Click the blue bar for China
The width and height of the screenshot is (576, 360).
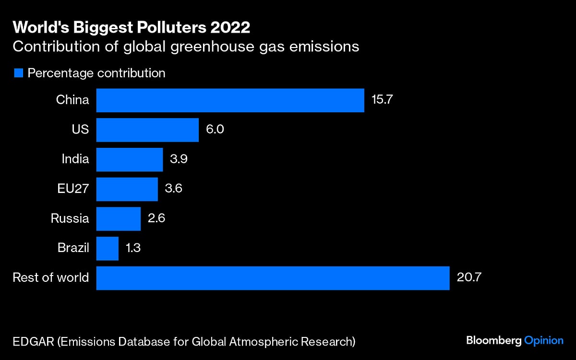pyautogui.click(x=230, y=100)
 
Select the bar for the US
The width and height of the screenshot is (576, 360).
pyautogui.click(x=147, y=130)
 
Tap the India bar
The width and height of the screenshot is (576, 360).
pyautogui.click(x=130, y=159)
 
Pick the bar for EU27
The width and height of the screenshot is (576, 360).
pyautogui.click(x=127, y=189)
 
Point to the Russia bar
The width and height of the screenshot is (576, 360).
pyautogui.click(x=118, y=219)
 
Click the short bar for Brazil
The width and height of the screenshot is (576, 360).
pyautogui.click(x=107, y=249)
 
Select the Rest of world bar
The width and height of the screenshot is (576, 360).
pyautogui.click(x=273, y=278)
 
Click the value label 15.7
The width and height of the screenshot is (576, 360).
pyautogui.click(x=383, y=100)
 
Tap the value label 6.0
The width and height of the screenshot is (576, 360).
pyautogui.click(x=215, y=130)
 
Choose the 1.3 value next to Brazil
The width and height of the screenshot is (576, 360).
pyautogui.click(x=133, y=249)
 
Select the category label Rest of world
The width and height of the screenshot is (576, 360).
pyautogui.click(x=51, y=277)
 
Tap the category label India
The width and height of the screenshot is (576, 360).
pyautogui.click(x=75, y=159)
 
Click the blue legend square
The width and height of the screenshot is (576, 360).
pyautogui.click(x=19, y=73)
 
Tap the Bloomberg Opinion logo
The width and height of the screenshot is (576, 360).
pyautogui.click(x=515, y=340)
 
